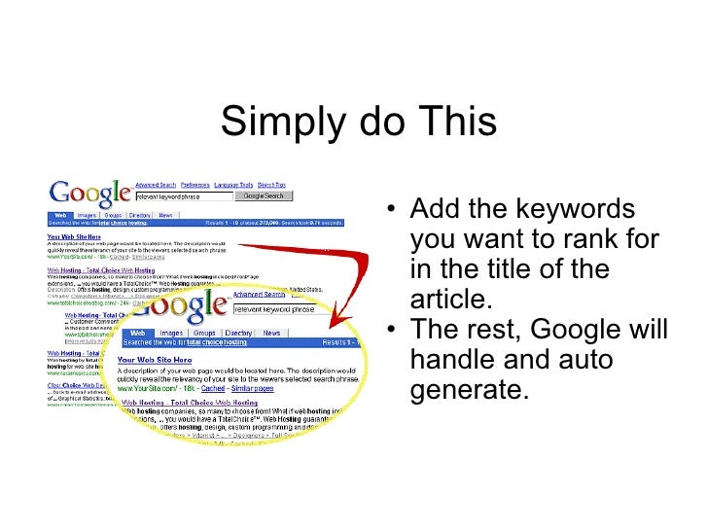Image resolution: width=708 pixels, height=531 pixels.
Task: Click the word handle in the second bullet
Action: click(x=453, y=360)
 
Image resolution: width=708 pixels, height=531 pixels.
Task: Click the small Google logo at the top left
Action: click(x=90, y=192)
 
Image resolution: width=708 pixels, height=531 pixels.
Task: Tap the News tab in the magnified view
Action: click(x=272, y=333)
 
